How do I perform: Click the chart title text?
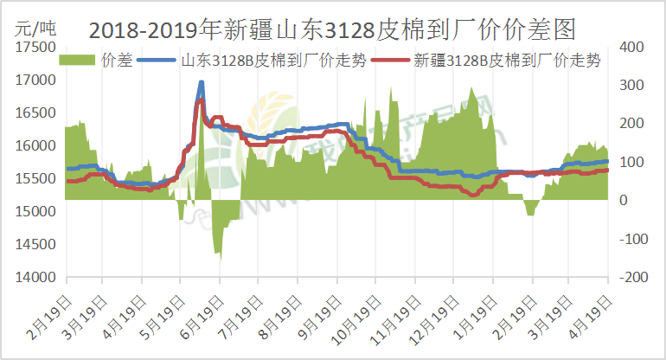coord(332,30)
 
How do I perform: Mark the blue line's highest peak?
coord(202,83)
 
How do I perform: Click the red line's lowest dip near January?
coord(472,196)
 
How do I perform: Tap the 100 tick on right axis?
coord(629,162)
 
